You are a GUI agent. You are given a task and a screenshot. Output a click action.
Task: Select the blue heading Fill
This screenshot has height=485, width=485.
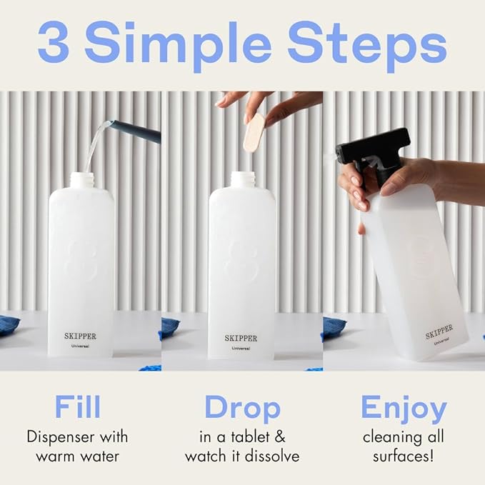(77, 408)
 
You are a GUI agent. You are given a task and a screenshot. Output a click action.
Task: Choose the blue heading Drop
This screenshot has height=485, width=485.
(242, 408)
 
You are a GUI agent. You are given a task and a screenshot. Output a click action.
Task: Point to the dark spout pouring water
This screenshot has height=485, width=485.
(136, 131)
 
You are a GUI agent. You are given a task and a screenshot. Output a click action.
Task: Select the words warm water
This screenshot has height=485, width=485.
(77, 455)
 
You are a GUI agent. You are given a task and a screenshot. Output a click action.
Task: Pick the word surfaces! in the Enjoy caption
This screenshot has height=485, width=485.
(404, 455)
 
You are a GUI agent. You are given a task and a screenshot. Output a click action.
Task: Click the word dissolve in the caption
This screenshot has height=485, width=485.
(271, 455)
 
